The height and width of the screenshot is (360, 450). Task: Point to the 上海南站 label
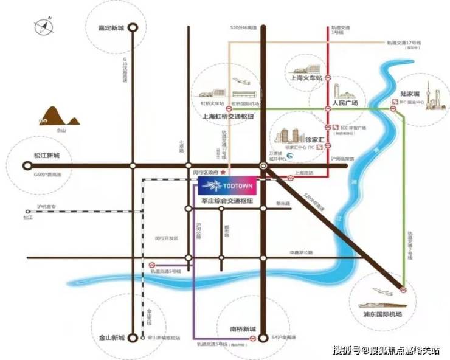(303, 173)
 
